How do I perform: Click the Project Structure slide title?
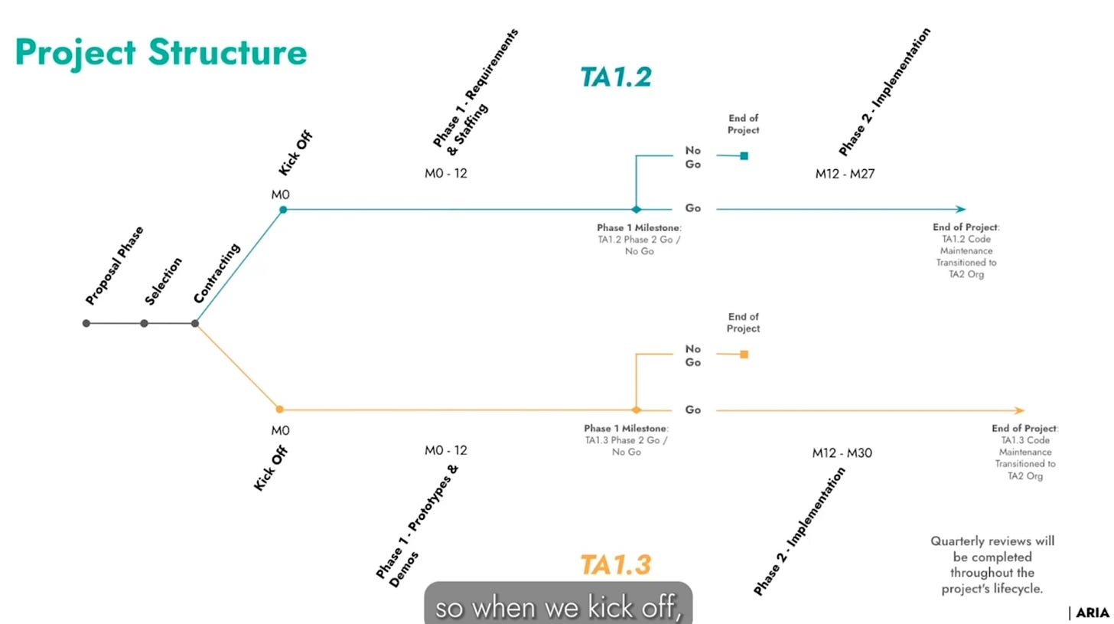click(161, 52)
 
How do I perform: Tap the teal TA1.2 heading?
click(615, 77)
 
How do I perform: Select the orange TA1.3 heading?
click(615, 564)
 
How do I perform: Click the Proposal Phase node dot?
click(86, 323)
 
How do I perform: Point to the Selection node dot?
click(144, 323)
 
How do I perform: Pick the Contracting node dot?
click(195, 323)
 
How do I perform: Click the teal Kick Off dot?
click(283, 209)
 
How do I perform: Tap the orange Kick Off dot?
click(280, 410)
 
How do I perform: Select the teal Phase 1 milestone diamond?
click(636, 209)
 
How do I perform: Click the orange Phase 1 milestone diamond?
click(636, 410)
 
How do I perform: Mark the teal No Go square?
click(744, 156)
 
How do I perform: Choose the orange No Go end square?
click(744, 354)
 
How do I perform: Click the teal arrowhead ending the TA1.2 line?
click(961, 209)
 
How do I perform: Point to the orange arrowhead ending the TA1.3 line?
click(1019, 410)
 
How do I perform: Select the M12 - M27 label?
click(845, 174)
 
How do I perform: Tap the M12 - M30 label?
click(842, 452)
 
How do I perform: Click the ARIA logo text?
click(1092, 613)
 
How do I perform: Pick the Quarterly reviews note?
click(992, 565)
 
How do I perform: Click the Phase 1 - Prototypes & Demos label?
click(417, 528)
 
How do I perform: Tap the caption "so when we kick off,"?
click(558, 608)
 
